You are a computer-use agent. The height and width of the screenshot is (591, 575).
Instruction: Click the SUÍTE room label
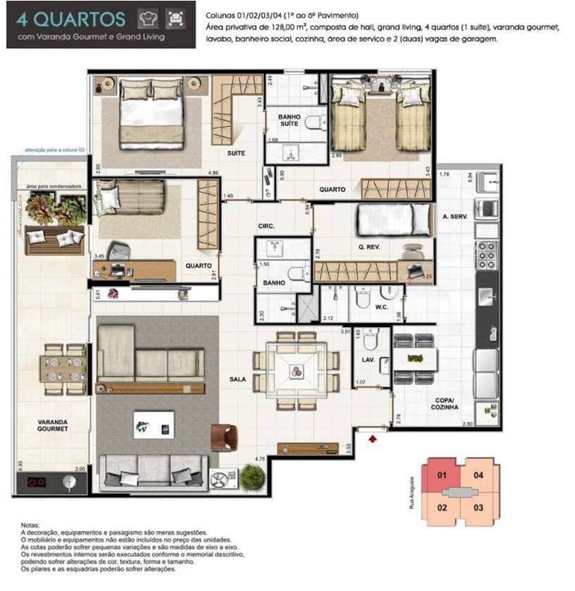(x=236, y=152)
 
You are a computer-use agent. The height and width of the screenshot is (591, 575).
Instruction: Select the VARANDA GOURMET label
(x=53, y=425)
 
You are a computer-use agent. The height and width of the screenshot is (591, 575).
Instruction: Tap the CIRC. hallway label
(x=266, y=226)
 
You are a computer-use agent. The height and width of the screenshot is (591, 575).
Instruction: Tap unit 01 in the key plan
(x=443, y=475)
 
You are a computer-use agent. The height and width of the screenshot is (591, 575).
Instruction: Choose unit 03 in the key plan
(x=478, y=507)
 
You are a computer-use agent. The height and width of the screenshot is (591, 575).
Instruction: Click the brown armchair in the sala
(x=223, y=437)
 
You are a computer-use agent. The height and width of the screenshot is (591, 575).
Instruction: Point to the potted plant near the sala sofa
(x=252, y=477)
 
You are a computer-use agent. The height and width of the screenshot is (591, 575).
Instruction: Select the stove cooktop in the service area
(x=487, y=255)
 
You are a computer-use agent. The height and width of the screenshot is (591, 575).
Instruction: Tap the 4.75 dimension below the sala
(x=260, y=458)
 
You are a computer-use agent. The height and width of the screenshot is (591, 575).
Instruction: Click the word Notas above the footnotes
(x=30, y=525)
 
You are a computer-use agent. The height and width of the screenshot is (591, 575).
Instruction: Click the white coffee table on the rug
(x=154, y=425)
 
